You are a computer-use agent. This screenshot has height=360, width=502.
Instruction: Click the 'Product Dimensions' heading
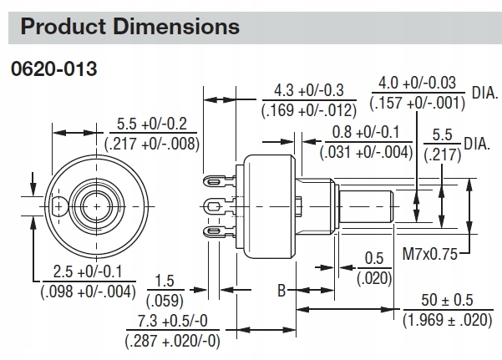(x=129, y=26)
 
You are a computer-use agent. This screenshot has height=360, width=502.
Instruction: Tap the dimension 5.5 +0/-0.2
(x=151, y=125)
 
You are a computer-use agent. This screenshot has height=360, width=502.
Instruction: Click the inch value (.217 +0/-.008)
(x=151, y=143)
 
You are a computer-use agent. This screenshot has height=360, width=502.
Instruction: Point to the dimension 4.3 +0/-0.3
(x=308, y=89)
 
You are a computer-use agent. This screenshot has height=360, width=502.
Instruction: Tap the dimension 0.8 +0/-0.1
(x=368, y=132)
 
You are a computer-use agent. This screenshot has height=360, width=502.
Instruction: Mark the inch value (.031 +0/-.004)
(x=368, y=151)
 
